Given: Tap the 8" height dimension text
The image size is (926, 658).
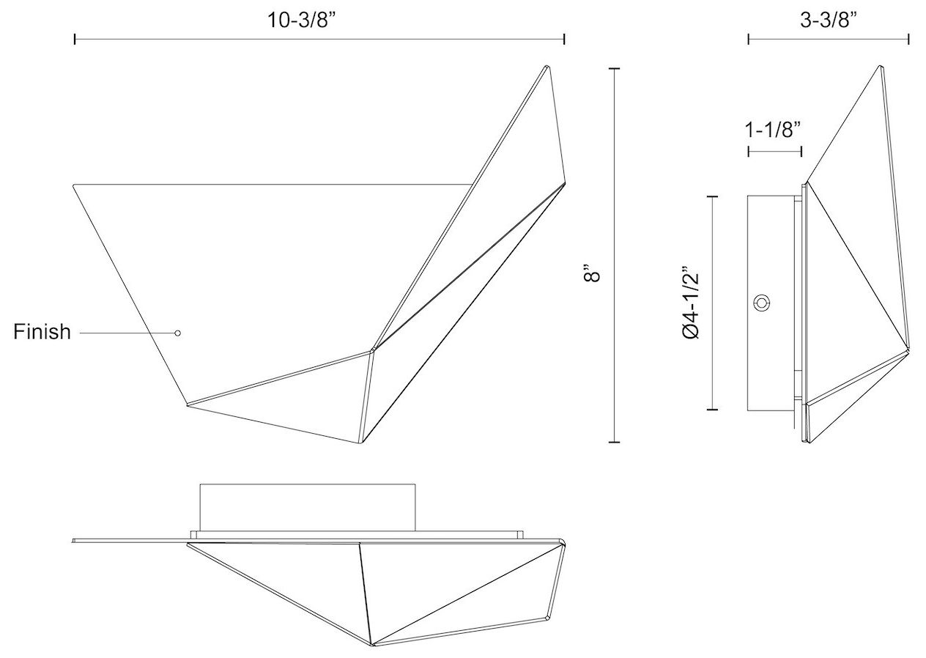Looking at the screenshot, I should point(593,274).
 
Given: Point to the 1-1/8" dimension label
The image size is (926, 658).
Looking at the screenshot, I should point(773,130).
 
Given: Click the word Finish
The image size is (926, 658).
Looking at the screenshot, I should point(42,332).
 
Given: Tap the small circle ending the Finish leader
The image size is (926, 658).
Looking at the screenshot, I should point(177,333).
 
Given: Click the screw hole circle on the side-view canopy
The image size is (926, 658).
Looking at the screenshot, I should point(762,302).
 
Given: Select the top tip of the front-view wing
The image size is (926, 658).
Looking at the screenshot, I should point(546,67).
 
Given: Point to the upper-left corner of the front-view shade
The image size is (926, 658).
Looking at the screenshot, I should point(74,185).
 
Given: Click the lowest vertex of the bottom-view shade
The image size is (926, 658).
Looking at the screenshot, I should point(374,646).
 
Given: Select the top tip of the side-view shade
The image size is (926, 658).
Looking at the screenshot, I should point(881,67).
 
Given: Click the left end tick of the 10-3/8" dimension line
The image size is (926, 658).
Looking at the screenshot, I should point(75,39).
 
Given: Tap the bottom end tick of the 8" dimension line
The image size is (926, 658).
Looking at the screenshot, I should point(614,442).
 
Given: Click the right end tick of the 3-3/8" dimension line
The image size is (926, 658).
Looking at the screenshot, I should point(908,39).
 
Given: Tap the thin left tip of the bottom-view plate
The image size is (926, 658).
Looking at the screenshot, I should point(75,541).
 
